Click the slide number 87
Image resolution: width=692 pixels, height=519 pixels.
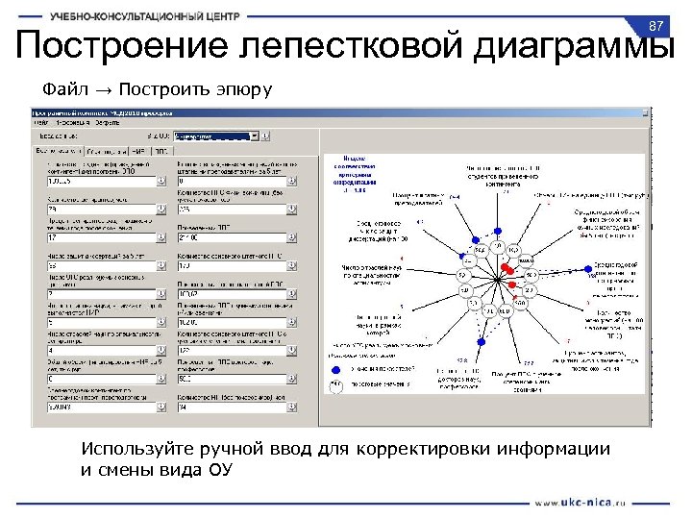coord(657,24)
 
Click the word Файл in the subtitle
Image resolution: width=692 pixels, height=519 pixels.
coord(59,89)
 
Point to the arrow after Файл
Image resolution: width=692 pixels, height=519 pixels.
coord(104,89)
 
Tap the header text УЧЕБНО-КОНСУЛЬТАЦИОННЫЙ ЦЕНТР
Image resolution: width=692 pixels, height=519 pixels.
coord(160,16)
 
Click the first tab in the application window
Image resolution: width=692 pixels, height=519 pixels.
coord(59,150)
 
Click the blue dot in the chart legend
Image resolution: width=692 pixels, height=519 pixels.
coord(336,367)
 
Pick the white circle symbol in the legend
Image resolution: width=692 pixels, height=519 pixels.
coord(336,384)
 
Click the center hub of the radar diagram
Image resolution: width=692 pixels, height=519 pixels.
coord(495,279)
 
